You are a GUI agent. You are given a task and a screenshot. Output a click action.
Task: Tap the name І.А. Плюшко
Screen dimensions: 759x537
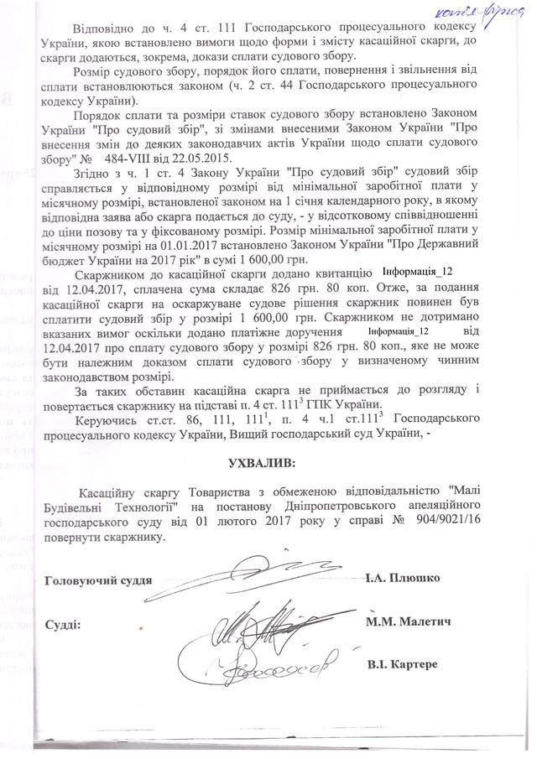point(404,579)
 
